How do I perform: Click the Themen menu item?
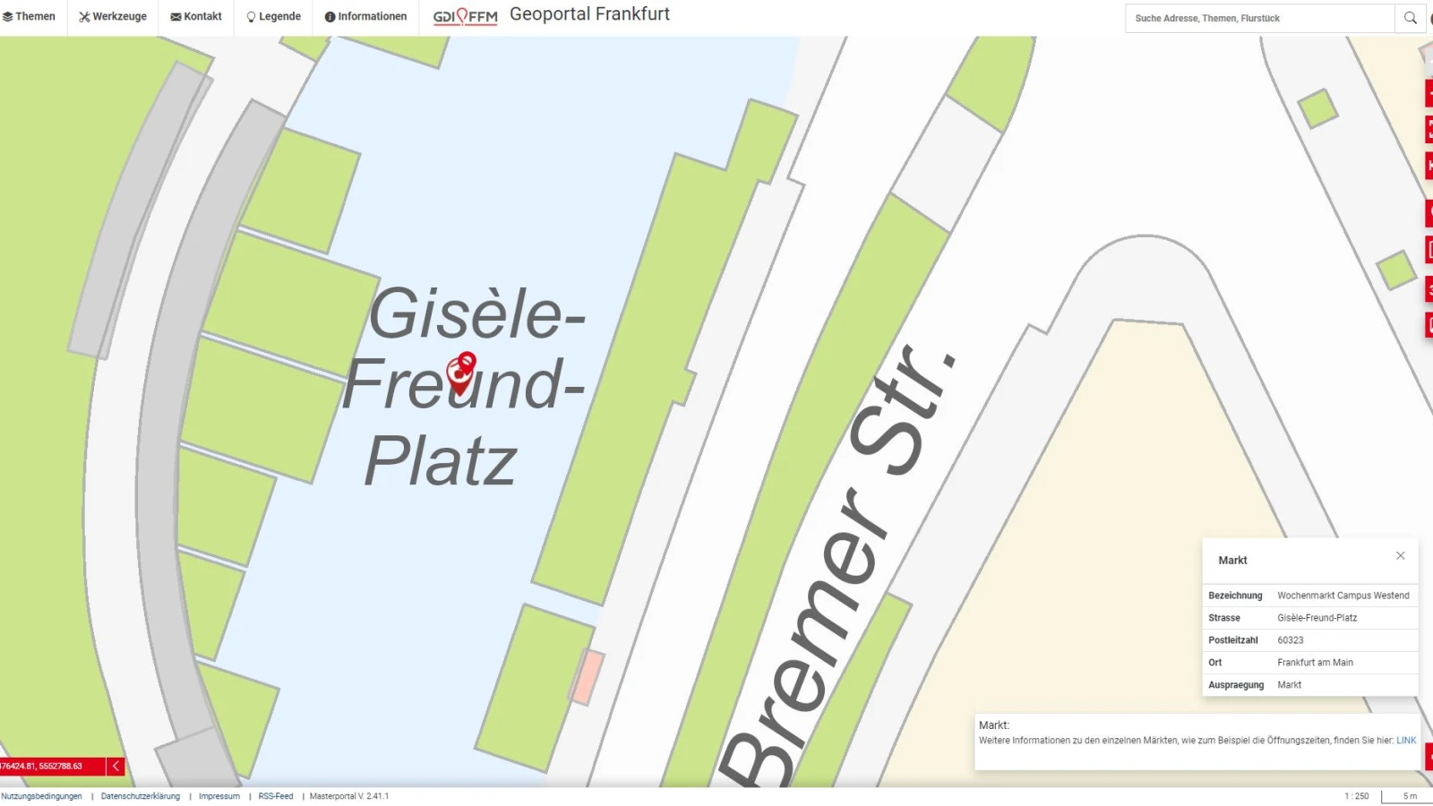[30, 17]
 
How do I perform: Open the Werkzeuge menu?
[113, 17]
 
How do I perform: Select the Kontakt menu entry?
[196, 17]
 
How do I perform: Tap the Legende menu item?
[274, 17]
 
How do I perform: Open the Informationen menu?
[365, 17]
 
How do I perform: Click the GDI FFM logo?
[465, 17]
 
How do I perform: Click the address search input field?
[1258, 18]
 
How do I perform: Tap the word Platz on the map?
[441, 462]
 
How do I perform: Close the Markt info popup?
[1401, 556]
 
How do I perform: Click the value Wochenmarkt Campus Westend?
[1343, 596]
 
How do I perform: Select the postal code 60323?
[1291, 640]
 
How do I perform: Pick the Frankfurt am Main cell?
[1315, 663]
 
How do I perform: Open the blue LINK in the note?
[1406, 741]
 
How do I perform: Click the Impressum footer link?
[219, 796]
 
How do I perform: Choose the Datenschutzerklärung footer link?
[141, 796]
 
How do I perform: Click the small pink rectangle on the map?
[587, 676]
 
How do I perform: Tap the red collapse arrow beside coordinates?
[116, 767]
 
